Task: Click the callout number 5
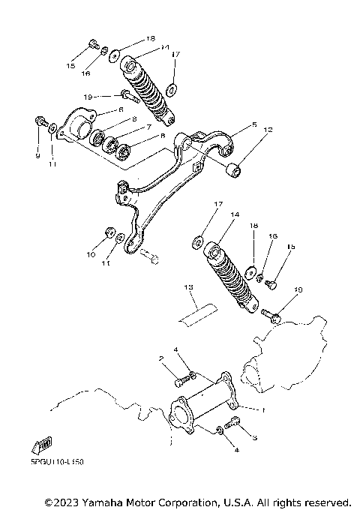[254, 124]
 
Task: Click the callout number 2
[160, 359]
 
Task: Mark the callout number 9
[37, 155]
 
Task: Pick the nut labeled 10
[109, 232]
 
